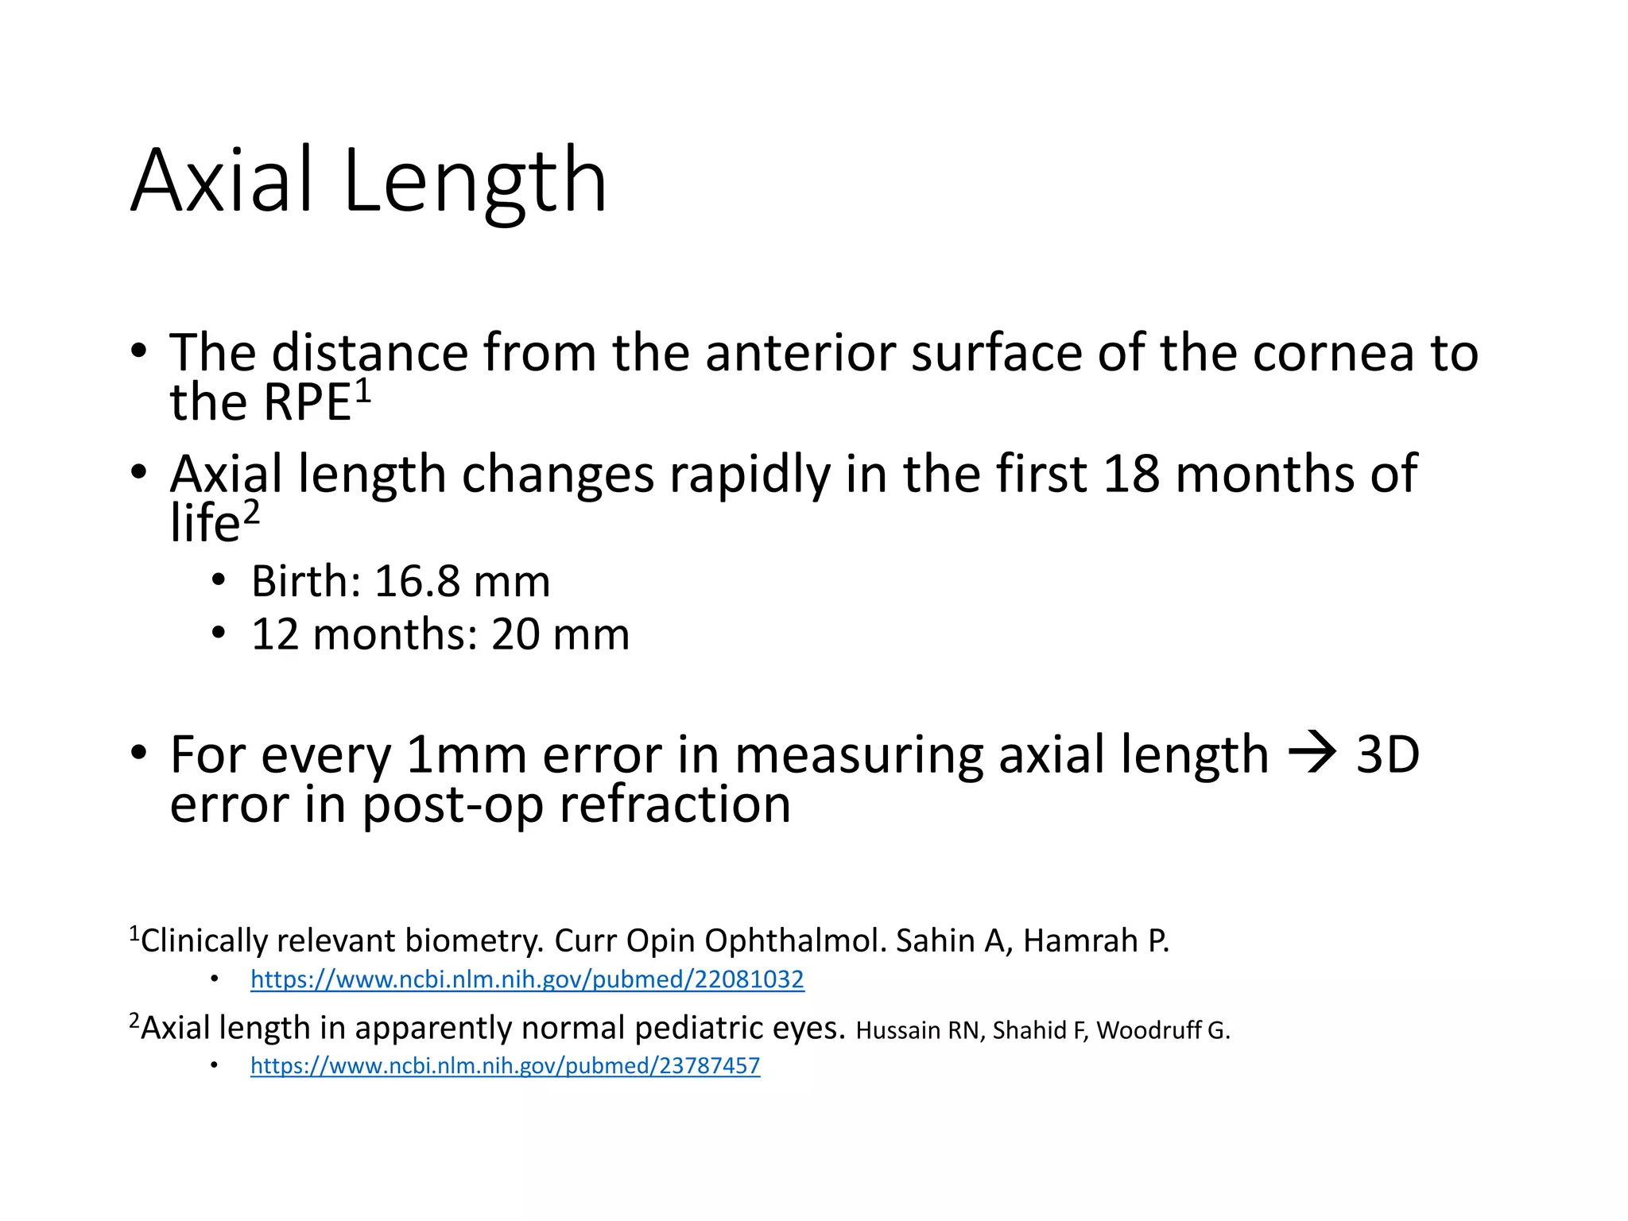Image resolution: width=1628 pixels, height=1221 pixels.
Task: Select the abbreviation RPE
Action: pyautogui.click(x=307, y=402)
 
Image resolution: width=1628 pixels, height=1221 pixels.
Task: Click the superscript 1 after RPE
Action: pyautogui.click(x=362, y=390)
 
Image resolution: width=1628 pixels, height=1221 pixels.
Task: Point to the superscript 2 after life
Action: pyautogui.click(x=250, y=513)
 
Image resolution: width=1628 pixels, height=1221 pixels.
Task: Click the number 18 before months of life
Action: pyautogui.click(x=1130, y=474)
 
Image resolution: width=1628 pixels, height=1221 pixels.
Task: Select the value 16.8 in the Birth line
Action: pyautogui.click(x=417, y=581)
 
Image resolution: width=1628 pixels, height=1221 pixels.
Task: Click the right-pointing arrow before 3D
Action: pyautogui.click(x=1312, y=753)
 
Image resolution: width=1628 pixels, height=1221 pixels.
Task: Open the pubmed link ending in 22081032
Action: pyautogui.click(x=527, y=979)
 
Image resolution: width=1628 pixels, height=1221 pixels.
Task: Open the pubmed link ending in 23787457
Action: pyautogui.click(x=505, y=1066)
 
